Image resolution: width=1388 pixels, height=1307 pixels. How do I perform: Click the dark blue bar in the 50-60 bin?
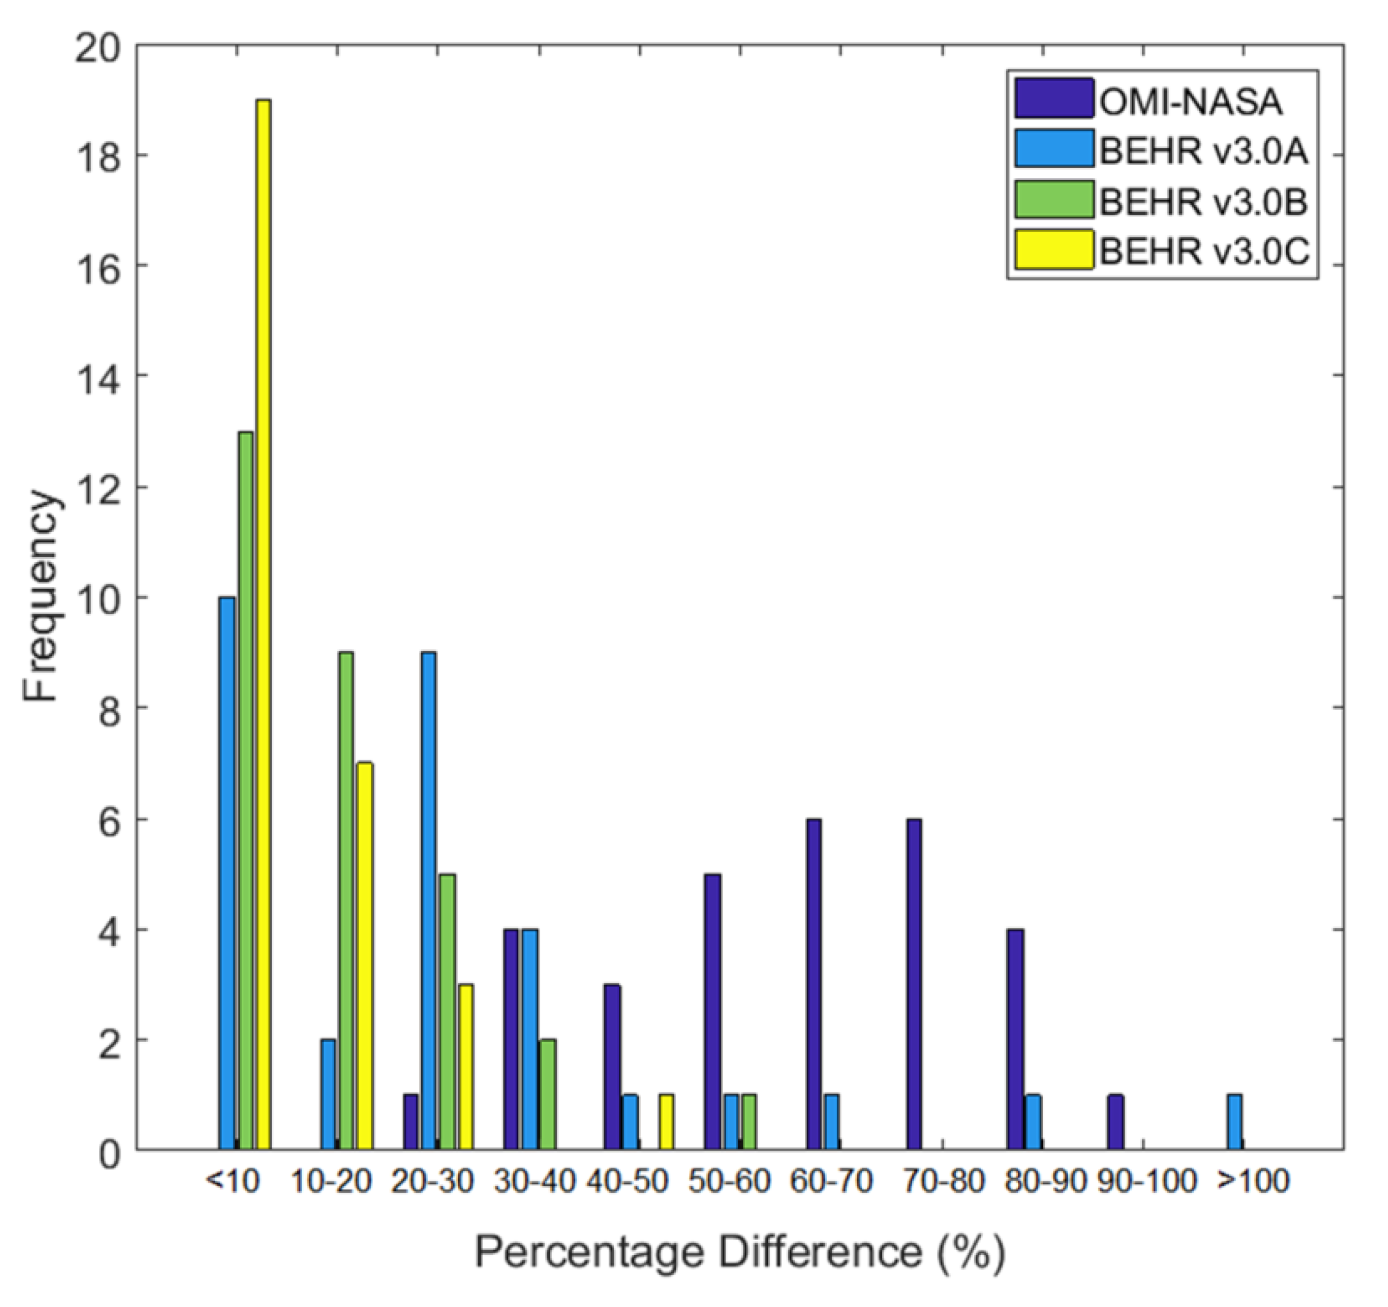tap(712, 1012)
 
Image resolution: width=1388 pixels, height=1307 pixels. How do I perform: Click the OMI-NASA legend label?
tap(1191, 102)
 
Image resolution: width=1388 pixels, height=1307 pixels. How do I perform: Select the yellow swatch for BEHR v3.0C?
tap(1054, 249)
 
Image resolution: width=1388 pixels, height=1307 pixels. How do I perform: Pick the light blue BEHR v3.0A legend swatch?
tap(1054, 148)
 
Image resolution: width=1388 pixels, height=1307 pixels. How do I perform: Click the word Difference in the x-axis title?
tap(820, 1252)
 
